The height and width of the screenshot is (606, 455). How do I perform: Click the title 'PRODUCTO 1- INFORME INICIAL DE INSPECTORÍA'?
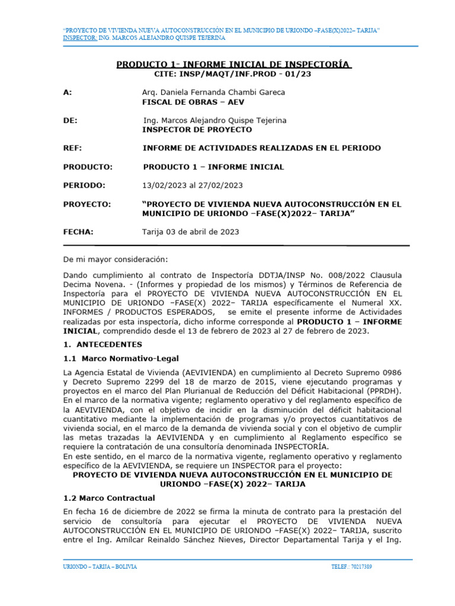click(x=233, y=64)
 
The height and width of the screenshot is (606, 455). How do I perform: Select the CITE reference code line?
click(x=232, y=75)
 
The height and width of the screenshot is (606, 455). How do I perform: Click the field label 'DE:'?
click(x=70, y=120)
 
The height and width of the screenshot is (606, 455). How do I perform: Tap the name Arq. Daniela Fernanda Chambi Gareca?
click(x=213, y=92)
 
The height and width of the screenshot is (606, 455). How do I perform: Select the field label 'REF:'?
click(x=72, y=148)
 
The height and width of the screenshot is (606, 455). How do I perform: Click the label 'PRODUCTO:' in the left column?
click(x=88, y=167)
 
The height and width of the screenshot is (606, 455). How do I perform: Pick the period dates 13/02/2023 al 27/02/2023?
click(x=193, y=185)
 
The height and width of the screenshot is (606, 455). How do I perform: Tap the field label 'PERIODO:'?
click(x=84, y=185)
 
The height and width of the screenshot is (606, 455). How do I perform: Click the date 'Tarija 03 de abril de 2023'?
click(x=191, y=232)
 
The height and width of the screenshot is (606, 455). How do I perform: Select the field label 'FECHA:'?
click(x=78, y=232)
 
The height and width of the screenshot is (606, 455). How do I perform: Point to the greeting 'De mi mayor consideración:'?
click(x=116, y=259)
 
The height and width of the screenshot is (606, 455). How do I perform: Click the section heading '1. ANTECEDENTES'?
click(x=102, y=344)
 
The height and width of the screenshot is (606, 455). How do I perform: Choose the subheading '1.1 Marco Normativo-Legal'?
click(x=121, y=358)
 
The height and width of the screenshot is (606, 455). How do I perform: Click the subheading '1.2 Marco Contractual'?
click(x=109, y=498)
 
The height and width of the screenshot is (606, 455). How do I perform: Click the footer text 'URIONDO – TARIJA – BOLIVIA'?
click(x=100, y=567)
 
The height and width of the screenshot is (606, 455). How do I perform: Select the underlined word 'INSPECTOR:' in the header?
click(x=79, y=38)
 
